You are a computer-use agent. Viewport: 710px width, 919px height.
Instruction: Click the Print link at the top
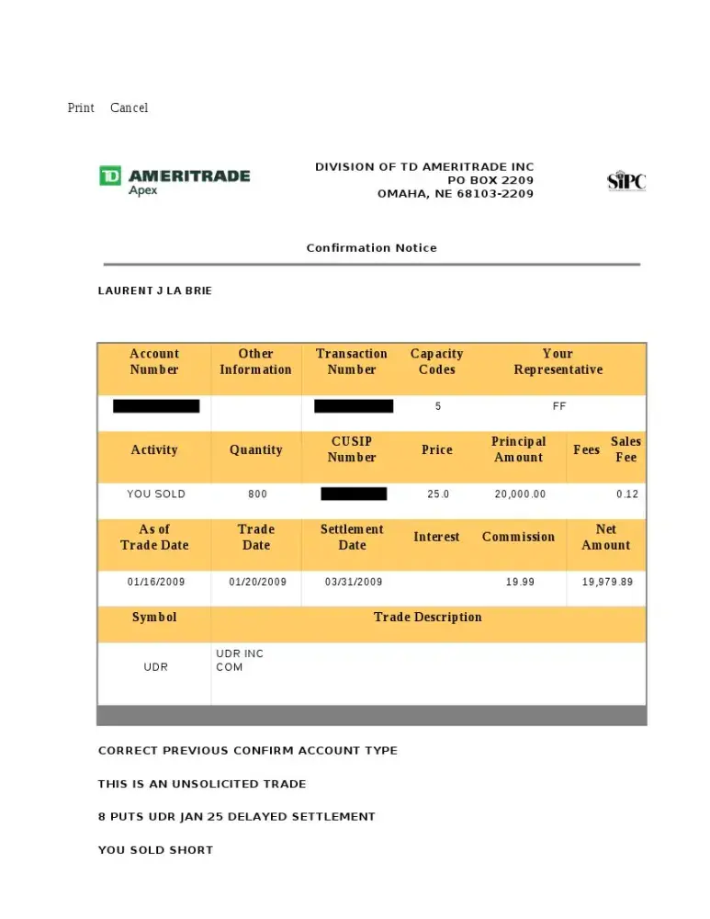(x=81, y=108)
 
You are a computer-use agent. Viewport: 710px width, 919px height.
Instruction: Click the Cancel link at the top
(x=129, y=108)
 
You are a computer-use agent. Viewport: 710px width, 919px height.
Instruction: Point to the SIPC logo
(x=626, y=181)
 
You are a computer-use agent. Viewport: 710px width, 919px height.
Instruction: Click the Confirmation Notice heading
(x=371, y=248)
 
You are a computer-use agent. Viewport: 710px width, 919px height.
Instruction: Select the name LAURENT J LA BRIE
(x=155, y=290)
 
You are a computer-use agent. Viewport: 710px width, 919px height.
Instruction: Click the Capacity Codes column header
(x=436, y=361)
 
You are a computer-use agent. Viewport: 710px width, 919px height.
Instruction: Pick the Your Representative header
(x=558, y=361)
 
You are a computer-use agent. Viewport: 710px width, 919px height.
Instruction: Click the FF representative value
(x=559, y=406)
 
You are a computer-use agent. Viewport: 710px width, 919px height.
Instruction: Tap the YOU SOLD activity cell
(x=156, y=494)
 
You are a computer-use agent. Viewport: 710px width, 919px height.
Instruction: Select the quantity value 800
(x=257, y=494)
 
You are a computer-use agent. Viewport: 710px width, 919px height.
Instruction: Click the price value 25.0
(x=438, y=494)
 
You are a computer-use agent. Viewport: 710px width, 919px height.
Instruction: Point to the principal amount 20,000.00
(x=520, y=494)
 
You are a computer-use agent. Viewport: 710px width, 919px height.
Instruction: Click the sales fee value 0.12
(x=627, y=494)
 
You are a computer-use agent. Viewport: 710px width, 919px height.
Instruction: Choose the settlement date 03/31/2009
(x=354, y=583)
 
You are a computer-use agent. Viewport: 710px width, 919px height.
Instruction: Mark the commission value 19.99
(x=520, y=583)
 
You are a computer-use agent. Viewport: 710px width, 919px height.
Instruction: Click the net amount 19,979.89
(x=607, y=583)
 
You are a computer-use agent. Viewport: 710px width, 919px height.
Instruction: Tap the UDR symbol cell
(x=156, y=667)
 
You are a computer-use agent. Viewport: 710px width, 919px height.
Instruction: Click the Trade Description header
(x=427, y=618)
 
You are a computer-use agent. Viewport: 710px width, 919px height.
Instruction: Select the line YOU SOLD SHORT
(x=155, y=850)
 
